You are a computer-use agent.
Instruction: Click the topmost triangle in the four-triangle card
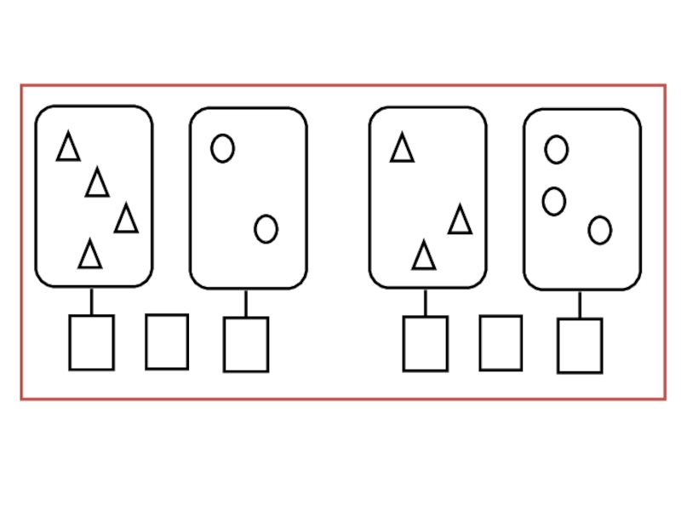pos(68,147)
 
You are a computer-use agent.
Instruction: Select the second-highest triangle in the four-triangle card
pos(97,183)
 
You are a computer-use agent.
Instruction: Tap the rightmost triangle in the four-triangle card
pos(126,220)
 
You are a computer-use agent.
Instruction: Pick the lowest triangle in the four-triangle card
pos(89,255)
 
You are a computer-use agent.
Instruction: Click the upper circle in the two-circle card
pos(222,148)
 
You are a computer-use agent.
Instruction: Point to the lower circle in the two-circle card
pos(266,228)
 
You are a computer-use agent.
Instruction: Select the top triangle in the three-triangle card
pos(402,148)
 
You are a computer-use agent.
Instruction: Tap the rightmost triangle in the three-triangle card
pos(460,221)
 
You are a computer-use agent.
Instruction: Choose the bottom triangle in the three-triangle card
pos(423,256)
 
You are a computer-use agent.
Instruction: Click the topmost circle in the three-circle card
pos(556,150)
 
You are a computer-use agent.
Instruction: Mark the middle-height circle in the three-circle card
pos(554,201)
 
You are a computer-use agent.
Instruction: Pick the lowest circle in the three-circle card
pos(599,230)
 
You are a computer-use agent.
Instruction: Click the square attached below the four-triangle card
pos(91,342)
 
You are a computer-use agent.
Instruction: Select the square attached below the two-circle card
pos(246,344)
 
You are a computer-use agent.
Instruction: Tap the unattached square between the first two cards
pos(167,342)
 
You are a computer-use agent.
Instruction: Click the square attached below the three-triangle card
pos(425,344)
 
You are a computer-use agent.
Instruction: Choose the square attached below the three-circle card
pos(580,346)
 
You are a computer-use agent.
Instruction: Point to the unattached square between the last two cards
pos(501,343)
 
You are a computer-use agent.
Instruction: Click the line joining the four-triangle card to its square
pos(91,301)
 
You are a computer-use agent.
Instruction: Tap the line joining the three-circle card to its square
pos(580,305)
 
